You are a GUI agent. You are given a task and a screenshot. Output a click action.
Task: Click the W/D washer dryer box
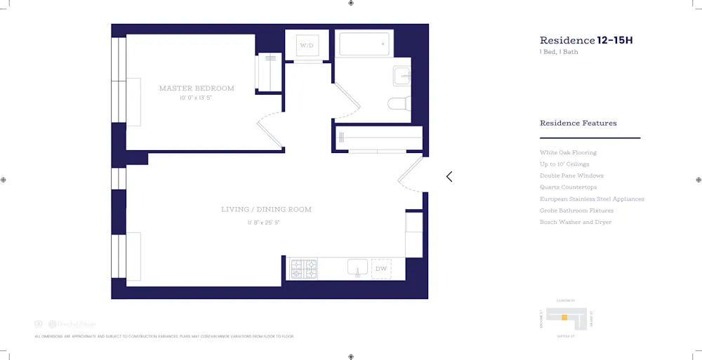307,46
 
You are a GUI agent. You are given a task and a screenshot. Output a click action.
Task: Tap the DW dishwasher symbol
381,269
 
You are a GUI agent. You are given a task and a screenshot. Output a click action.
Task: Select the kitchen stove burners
304,269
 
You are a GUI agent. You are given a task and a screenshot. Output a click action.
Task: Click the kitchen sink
357,268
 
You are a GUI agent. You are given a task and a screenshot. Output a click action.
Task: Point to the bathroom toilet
398,104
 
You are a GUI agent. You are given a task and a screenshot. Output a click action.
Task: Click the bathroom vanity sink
402,75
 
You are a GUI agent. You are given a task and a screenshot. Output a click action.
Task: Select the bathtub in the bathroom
364,44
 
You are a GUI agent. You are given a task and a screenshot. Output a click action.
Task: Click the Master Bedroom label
197,88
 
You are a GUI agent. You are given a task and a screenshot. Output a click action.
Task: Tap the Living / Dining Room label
266,209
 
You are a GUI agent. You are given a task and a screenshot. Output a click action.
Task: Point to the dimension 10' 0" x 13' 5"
195,98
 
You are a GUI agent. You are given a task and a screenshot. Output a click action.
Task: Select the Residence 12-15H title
585,41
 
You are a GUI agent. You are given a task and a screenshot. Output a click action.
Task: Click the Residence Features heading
578,124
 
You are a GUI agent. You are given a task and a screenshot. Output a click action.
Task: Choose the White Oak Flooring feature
568,152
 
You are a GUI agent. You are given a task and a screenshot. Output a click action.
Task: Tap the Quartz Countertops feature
568,187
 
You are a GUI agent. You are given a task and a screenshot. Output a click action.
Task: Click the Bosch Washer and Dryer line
575,222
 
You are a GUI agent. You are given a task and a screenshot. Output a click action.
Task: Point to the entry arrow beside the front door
449,177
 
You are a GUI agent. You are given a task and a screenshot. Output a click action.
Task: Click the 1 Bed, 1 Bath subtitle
559,52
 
